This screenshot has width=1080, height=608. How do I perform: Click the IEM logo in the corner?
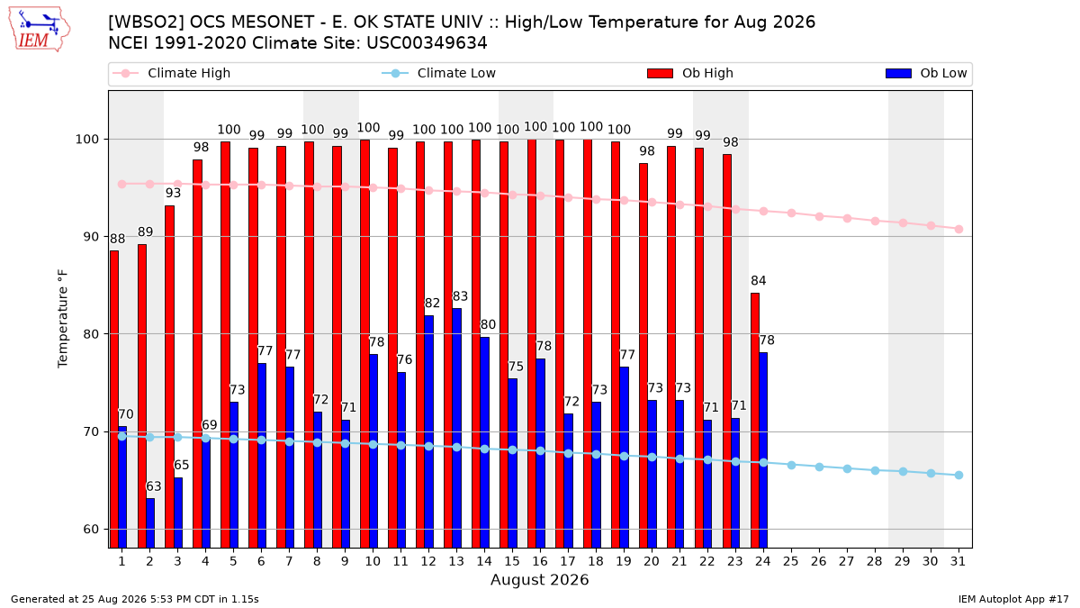point(39,30)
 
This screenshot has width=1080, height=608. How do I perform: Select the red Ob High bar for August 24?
point(755,421)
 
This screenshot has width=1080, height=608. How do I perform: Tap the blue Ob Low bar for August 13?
point(456,428)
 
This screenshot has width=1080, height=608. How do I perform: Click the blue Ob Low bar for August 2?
point(150,523)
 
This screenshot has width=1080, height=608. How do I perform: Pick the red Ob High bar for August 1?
point(114,400)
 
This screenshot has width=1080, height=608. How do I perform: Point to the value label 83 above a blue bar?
point(460,296)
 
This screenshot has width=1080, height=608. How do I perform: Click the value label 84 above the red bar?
point(759,281)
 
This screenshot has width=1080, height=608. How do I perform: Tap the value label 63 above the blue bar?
point(154,486)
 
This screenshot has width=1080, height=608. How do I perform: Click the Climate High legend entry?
point(171,73)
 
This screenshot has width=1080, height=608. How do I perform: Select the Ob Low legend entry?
point(926,73)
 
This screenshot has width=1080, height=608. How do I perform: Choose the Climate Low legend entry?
point(439,73)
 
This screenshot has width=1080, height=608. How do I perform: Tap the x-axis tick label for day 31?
point(958,561)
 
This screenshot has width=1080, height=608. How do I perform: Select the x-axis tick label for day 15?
point(512,561)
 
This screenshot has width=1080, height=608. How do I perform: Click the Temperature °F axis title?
point(63,319)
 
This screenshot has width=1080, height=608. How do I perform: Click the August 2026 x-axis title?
point(539,579)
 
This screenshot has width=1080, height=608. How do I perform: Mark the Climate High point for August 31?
point(958,229)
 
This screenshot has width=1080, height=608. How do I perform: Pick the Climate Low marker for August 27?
point(847,468)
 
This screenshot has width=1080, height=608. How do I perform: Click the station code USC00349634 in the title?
point(427,43)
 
